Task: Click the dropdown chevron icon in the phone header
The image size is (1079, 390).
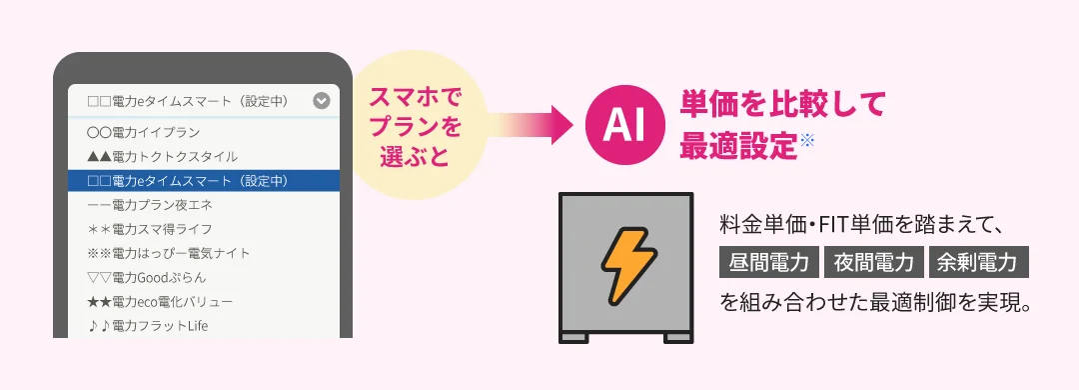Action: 322,101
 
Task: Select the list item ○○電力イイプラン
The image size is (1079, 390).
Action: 144,132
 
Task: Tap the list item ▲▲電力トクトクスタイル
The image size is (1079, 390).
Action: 163,156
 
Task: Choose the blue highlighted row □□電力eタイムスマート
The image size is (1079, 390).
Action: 204,181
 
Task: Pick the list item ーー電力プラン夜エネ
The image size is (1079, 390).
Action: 150,205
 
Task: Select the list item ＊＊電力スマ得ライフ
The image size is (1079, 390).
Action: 150,229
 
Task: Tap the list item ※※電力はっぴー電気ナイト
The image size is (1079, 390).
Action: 169,253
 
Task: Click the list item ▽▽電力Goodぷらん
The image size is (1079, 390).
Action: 147,278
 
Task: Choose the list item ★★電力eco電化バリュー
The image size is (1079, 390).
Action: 160,302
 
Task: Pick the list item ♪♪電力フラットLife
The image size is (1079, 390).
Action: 148,326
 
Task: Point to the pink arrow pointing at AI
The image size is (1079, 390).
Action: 530,126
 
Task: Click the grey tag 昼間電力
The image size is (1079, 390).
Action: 768,262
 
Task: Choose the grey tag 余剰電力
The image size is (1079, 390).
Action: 978,262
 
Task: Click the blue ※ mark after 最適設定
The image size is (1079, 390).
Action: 807,140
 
